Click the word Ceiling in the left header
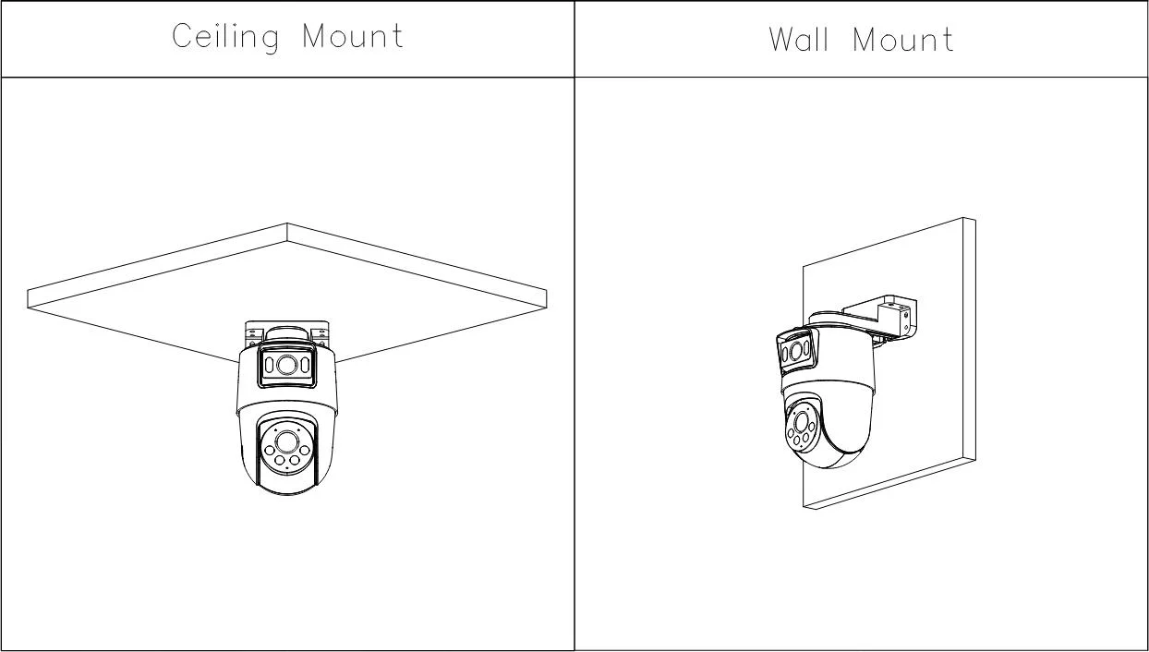pos(225,38)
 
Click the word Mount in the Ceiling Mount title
pos(353,36)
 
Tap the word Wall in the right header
pos(799,39)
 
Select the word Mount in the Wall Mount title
pos(903,40)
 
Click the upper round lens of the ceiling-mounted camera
pos(286,365)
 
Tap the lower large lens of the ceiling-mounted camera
pos(286,442)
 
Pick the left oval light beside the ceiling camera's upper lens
pos(269,365)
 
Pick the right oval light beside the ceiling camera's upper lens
pos(305,365)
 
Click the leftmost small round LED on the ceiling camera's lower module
pos(270,451)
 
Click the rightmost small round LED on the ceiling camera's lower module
pos(305,451)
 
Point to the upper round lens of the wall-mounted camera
pos(796,351)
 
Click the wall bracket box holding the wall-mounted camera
pos(897,318)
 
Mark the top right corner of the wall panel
pos(975,221)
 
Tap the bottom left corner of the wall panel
pos(804,507)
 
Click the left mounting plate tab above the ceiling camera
pos(251,333)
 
